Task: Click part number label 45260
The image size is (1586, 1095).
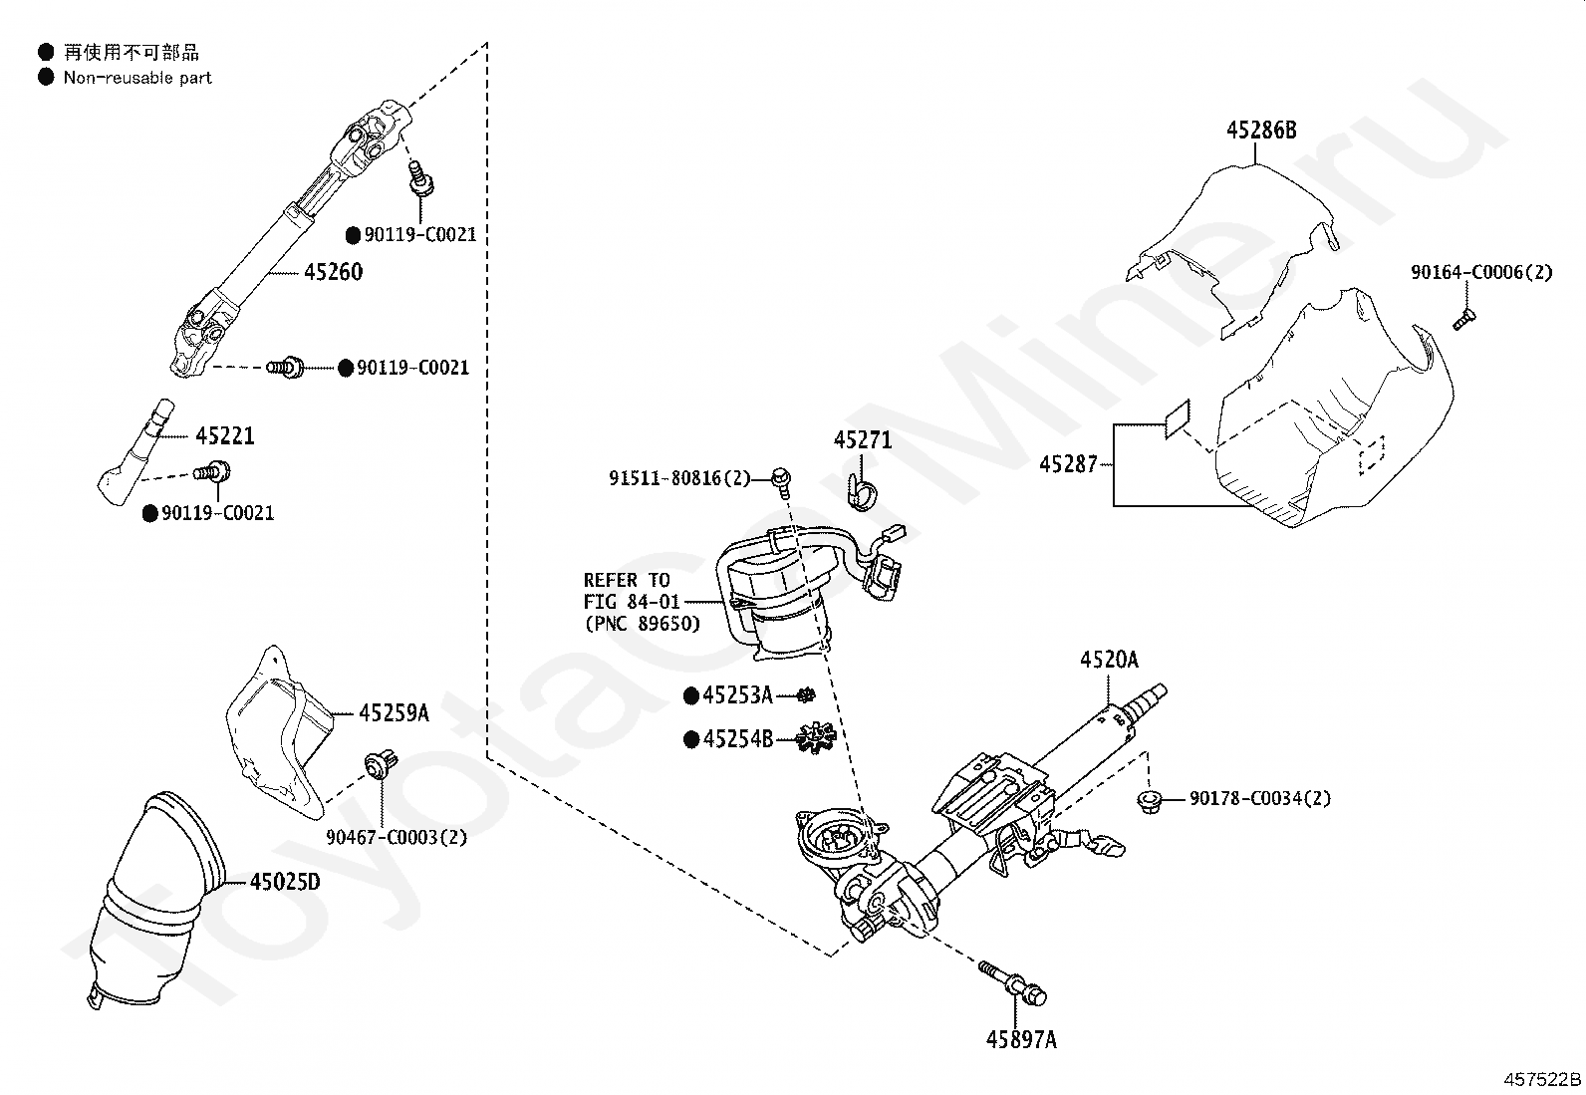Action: [334, 272]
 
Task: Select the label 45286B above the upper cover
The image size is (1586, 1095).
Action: [1261, 131]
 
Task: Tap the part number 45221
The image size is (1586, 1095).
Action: [225, 435]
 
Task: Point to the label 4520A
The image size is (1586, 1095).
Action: [1109, 661]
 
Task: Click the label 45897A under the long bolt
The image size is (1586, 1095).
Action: [1021, 1040]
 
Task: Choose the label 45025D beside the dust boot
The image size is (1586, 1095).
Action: [285, 882]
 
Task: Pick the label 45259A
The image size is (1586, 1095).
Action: [395, 712]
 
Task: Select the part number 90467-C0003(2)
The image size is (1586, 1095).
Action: [396, 837]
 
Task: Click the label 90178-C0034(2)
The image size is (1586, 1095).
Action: [1260, 798]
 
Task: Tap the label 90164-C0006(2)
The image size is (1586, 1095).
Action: [1482, 272]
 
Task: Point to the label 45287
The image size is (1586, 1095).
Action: [1068, 464]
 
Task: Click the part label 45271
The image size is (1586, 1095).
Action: [863, 440]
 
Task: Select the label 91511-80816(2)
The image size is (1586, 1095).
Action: [679, 479]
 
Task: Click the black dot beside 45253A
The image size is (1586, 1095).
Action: [691, 695]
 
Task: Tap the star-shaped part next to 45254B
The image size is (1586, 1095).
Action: [816, 738]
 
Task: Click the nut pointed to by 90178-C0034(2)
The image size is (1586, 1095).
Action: [1149, 802]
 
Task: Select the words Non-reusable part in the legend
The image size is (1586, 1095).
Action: [137, 78]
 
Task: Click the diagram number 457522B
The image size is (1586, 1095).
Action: [1542, 1079]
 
